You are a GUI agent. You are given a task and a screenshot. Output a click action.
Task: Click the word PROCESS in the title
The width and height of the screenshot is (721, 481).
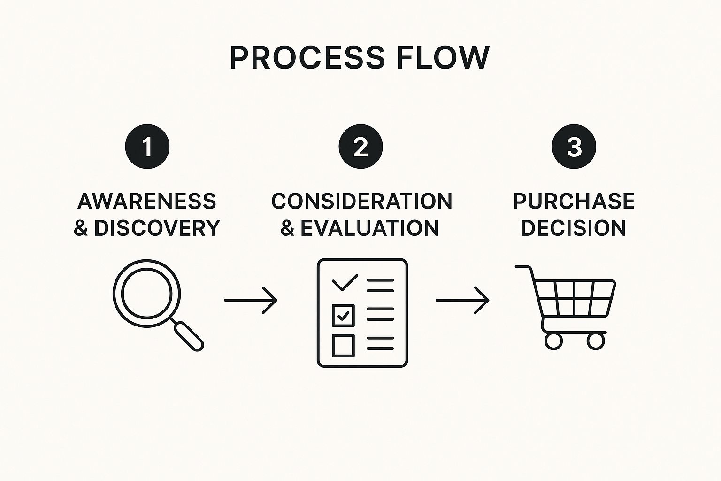pyautogui.click(x=307, y=58)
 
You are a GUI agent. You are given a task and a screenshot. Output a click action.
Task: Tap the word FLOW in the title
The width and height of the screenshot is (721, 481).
pyautogui.click(x=444, y=58)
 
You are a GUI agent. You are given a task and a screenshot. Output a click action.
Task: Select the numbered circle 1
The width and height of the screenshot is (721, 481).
pyautogui.click(x=147, y=147)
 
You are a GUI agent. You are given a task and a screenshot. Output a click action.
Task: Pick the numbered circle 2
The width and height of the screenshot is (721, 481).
pyautogui.click(x=360, y=147)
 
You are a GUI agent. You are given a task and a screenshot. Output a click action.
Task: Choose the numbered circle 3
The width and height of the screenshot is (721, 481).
pyautogui.click(x=574, y=147)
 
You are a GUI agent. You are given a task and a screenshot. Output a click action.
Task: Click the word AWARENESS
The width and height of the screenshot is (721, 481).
pyautogui.click(x=147, y=202)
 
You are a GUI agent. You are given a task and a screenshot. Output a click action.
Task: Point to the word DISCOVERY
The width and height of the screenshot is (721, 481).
pyautogui.click(x=157, y=228)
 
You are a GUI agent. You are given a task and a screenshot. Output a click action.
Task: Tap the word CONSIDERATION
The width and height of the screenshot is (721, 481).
pyautogui.click(x=362, y=202)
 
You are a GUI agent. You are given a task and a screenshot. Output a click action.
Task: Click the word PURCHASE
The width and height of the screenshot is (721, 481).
pyautogui.click(x=574, y=202)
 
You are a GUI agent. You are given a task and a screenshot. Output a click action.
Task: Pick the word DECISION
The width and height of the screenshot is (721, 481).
pyautogui.click(x=573, y=228)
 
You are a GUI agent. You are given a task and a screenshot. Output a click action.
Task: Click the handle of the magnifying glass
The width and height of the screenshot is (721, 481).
pyautogui.click(x=189, y=336)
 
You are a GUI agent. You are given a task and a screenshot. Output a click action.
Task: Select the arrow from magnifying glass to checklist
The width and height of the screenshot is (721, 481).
pyautogui.click(x=251, y=300)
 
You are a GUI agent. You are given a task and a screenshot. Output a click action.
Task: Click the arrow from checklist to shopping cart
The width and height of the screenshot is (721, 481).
pyautogui.click(x=462, y=300)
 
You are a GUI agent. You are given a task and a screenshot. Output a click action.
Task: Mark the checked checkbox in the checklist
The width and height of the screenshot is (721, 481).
pyautogui.click(x=343, y=316)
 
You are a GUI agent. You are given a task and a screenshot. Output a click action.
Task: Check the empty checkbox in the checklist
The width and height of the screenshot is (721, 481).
pyautogui.click(x=343, y=346)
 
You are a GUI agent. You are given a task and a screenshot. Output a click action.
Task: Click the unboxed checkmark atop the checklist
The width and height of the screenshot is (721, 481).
pyautogui.click(x=345, y=282)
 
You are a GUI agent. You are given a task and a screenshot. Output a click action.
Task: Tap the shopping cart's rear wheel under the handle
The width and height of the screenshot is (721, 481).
pyautogui.click(x=553, y=341)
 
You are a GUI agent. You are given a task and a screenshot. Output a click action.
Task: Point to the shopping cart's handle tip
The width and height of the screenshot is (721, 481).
pyautogui.click(x=516, y=267)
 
